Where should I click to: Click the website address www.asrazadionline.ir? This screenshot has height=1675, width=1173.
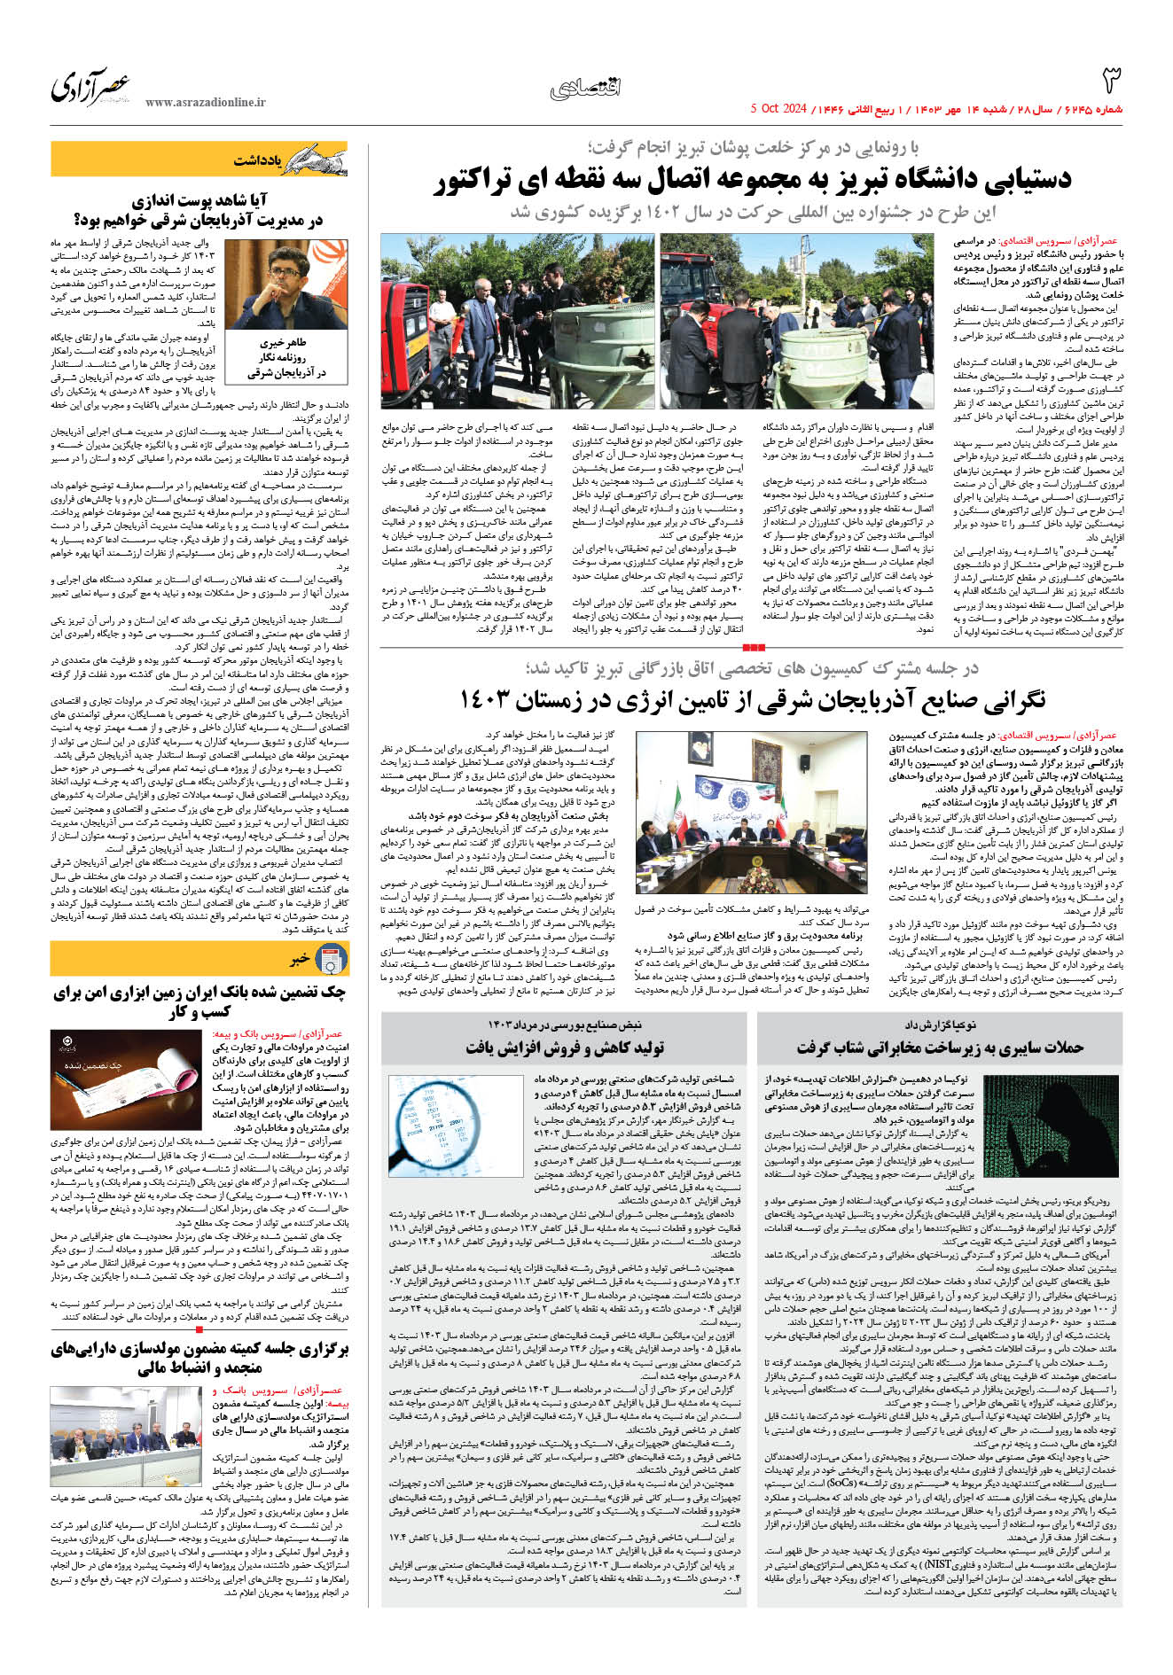(x=205, y=103)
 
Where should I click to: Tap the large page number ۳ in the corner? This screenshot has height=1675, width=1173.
(x=1110, y=81)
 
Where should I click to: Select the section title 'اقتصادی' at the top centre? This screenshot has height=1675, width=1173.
(x=585, y=89)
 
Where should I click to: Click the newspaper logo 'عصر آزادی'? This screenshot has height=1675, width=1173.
(x=90, y=88)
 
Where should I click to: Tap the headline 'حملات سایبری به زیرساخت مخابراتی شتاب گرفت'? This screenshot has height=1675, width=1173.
(x=940, y=1048)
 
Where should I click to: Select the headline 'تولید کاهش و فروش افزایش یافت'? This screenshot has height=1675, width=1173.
(x=565, y=1048)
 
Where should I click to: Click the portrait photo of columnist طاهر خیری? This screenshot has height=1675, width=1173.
(x=285, y=284)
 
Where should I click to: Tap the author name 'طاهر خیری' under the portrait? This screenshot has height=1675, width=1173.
(x=283, y=342)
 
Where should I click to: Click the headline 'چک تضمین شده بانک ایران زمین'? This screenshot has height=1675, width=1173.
(x=199, y=1001)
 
